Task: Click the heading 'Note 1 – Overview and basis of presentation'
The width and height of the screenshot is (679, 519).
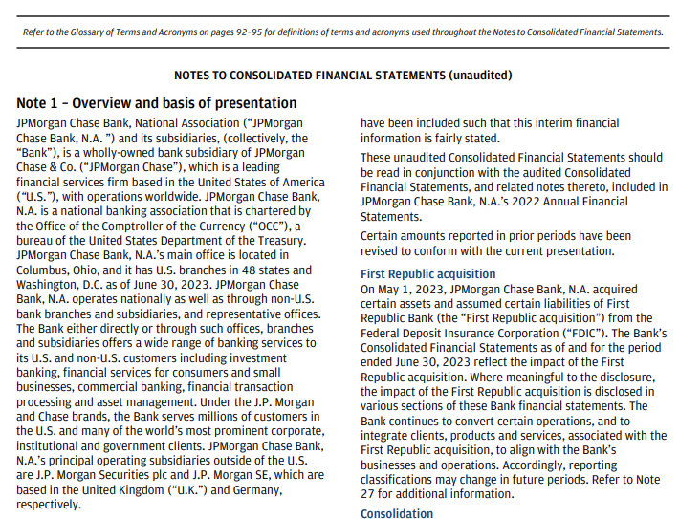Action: pos(157,103)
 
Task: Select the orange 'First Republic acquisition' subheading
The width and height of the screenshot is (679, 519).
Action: pos(427,274)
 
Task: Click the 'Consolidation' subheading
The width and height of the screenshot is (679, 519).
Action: pos(397,513)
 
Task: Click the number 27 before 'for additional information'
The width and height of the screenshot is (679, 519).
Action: pos(370,493)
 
